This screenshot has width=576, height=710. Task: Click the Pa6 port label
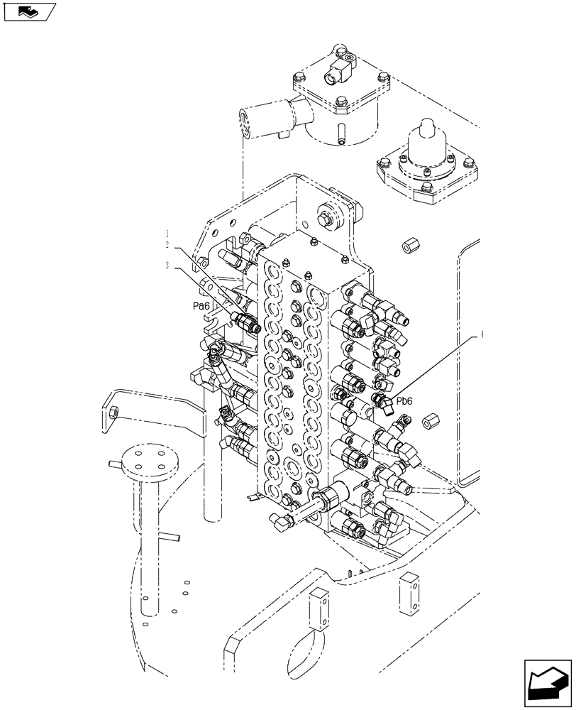pos(201,305)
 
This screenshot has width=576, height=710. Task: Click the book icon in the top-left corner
pos(28,11)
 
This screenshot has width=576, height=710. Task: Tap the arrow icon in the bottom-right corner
pos(547,682)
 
